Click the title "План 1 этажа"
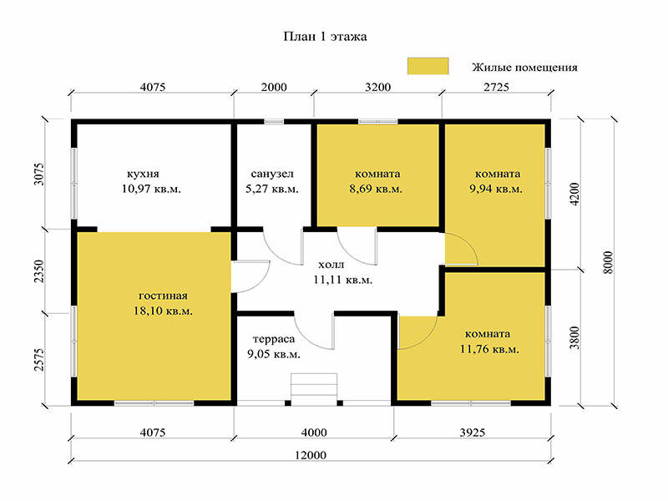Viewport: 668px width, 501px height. click(x=325, y=37)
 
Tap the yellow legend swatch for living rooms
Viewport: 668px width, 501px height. click(x=428, y=67)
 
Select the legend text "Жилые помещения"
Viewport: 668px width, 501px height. click(x=524, y=68)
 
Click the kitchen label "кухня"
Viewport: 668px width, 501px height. click(x=143, y=175)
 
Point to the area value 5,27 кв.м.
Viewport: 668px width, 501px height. click(x=272, y=189)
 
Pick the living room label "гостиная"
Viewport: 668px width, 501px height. click(x=163, y=296)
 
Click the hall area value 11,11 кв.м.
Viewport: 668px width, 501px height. click(x=343, y=280)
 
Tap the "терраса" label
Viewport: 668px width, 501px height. click(x=274, y=340)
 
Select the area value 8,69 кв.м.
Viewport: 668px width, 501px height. click(x=376, y=189)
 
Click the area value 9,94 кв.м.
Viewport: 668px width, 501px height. click(x=496, y=189)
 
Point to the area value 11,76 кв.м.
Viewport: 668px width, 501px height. click(x=489, y=349)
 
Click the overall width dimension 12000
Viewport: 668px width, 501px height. click(x=311, y=455)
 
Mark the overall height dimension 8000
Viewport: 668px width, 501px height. click(x=609, y=262)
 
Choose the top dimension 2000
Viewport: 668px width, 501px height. click(x=274, y=88)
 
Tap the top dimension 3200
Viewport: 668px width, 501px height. click(x=378, y=88)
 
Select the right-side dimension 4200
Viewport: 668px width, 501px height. click(x=574, y=195)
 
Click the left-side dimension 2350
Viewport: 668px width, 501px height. click(x=39, y=271)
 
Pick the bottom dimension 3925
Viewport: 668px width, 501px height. click(x=473, y=433)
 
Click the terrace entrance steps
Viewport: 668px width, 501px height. click(x=314, y=389)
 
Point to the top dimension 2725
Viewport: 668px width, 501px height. click(x=496, y=88)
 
